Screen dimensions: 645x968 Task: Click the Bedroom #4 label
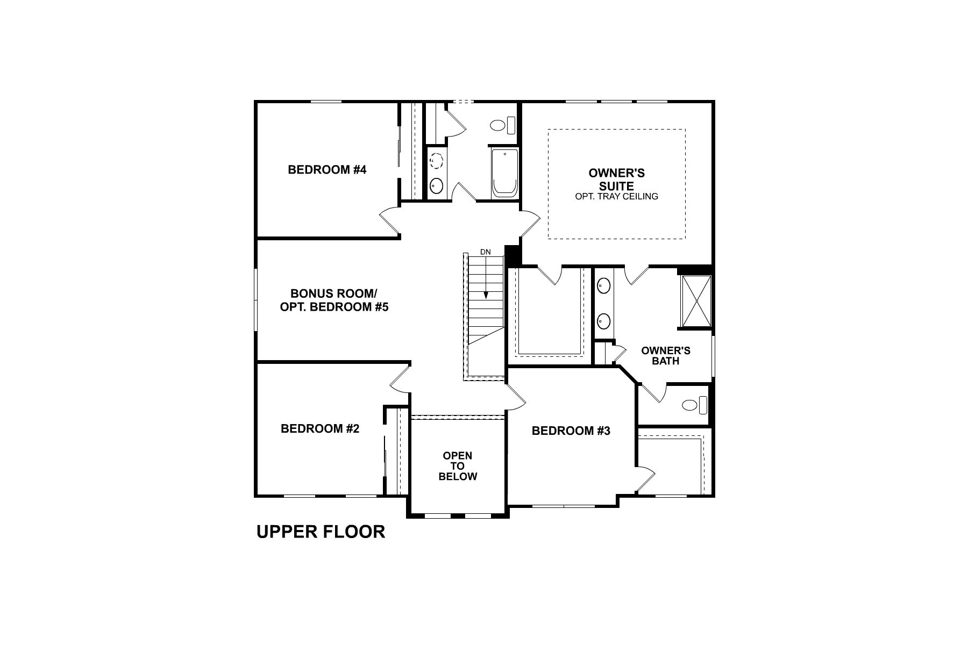click(327, 170)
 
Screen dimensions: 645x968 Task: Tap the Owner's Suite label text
click(616, 180)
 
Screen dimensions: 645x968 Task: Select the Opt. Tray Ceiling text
click(616, 197)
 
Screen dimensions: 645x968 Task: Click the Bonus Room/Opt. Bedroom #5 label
click(333, 300)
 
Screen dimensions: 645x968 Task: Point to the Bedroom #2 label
click(320, 428)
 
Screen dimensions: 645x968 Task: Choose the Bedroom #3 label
click(571, 431)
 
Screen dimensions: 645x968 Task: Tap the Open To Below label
click(458, 465)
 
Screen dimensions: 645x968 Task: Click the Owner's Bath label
click(666, 356)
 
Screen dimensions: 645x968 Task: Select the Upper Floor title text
click(321, 532)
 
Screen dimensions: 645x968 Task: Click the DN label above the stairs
click(486, 252)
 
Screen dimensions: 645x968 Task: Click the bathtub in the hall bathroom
click(505, 173)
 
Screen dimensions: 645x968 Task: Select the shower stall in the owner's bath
click(696, 301)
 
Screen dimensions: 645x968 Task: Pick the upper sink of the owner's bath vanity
click(604, 285)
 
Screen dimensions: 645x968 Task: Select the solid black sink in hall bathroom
click(436, 186)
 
